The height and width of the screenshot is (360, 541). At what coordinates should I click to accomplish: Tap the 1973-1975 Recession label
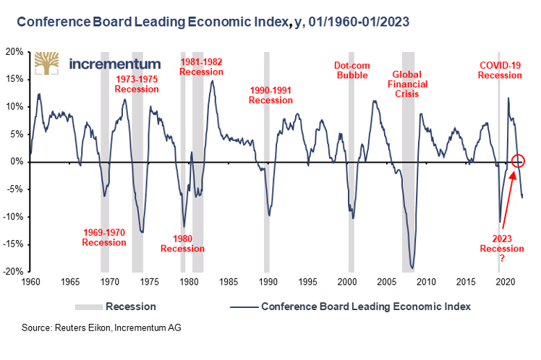(137, 84)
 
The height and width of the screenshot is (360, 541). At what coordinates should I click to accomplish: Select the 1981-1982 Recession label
(201, 67)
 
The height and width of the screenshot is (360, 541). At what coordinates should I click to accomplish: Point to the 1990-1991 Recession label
(270, 95)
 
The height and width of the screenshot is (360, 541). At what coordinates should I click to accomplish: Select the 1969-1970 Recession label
(103, 237)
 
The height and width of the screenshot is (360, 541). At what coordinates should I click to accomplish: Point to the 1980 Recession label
(182, 244)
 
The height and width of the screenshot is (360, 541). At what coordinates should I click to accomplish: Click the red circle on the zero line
(519, 161)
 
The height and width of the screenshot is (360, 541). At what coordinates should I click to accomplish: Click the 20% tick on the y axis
(14, 52)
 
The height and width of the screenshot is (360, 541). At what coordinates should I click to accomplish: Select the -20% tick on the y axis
(12, 272)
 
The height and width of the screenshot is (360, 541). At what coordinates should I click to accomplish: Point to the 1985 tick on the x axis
(228, 281)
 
